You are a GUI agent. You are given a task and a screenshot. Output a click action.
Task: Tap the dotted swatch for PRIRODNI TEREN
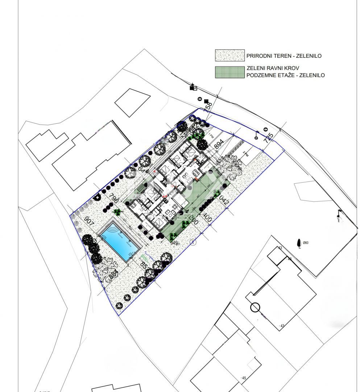pos(229,56)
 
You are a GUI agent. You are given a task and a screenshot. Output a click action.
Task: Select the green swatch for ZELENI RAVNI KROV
pos(229,72)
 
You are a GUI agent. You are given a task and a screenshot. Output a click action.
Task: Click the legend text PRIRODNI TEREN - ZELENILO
pos(284,56)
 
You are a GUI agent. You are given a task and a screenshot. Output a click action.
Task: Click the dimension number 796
pos(113,199)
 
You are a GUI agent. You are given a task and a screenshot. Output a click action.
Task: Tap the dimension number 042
pos(224,200)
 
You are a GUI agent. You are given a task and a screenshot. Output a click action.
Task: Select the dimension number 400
pos(207,218)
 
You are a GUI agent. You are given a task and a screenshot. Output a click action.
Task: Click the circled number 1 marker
pos(193,243)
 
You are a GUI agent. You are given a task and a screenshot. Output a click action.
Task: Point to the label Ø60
pos(305,243)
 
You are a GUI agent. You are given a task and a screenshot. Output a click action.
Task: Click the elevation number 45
pos(244,378)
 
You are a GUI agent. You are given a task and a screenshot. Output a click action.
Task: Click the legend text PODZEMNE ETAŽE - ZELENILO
pos(285,75)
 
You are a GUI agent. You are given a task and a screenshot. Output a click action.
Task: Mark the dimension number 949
pos(174,242)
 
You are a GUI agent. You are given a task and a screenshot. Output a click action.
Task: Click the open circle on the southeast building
pos(255,308)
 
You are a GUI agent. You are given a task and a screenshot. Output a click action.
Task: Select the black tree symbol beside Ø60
pos(299,243)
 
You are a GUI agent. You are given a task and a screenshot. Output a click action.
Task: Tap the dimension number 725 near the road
pos(269,139)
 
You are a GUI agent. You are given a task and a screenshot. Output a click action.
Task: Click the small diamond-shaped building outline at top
pos(132,102)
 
